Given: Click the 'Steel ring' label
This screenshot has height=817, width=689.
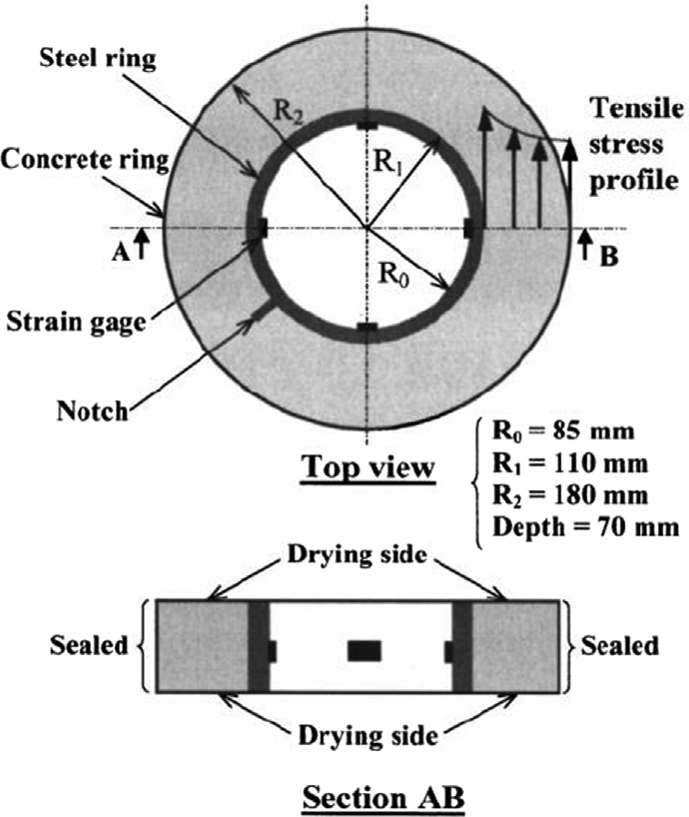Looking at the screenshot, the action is [98, 59].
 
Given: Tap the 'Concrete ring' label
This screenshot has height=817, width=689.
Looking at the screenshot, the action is [86, 160].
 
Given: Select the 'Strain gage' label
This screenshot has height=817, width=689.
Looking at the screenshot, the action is [76, 323].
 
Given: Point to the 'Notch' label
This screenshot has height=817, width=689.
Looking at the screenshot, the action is [92, 411].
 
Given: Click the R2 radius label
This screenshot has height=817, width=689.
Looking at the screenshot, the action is [288, 111].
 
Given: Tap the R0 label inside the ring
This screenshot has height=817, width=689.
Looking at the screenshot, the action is [393, 274].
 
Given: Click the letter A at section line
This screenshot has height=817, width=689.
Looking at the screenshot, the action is [120, 253].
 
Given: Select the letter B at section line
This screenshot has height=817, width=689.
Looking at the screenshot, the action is [609, 257].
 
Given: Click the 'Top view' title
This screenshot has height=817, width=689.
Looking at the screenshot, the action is [368, 466].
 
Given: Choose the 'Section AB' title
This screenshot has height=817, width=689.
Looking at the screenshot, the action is [383, 798].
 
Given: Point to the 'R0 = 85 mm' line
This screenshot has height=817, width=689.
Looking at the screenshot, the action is [563, 431].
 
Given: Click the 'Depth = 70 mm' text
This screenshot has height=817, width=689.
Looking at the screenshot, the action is [586, 527].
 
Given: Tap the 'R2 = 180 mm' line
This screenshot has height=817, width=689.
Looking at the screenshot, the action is [570, 495].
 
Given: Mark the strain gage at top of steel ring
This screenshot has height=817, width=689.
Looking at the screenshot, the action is [367, 125].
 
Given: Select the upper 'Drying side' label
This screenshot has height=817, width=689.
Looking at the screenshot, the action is [357, 555].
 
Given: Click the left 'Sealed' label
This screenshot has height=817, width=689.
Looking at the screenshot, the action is [89, 645].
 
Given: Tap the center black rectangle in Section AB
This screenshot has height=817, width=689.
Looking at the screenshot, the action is [364, 651].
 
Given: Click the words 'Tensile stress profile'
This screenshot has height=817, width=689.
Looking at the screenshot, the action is [636, 145].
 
